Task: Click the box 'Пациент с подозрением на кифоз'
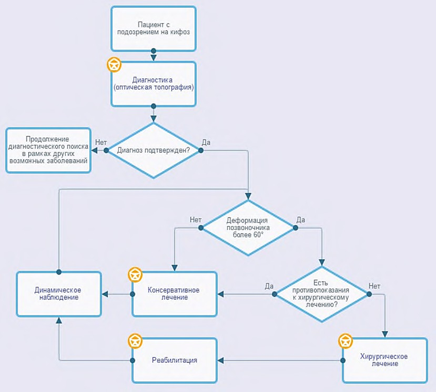(x=154, y=29)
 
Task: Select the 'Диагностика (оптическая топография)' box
(x=154, y=84)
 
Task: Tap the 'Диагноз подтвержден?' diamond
(x=154, y=150)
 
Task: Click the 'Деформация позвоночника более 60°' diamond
(x=248, y=228)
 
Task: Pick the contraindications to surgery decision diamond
(x=322, y=294)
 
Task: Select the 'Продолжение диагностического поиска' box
(x=49, y=150)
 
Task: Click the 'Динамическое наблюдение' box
(x=59, y=294)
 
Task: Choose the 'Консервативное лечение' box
(x=174, y=294)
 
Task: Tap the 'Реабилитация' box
(x=174, y=360)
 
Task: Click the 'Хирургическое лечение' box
(x=385, y=360)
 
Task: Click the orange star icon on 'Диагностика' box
(x=114, y=64)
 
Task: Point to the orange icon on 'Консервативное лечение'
(x=135, y=275)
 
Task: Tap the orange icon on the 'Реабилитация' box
(x=135, y=341)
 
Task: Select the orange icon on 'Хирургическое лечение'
(x=345, y=341)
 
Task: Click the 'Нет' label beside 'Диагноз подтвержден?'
(x=101, y=142)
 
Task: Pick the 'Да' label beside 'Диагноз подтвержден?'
(x=206, y=142)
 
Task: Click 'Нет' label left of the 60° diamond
(x=195, y=220)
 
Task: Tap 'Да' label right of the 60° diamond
(x=300, y=220)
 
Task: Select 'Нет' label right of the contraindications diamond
(x=374, y=286)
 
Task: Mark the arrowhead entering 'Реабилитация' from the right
(x=220, y=360)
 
